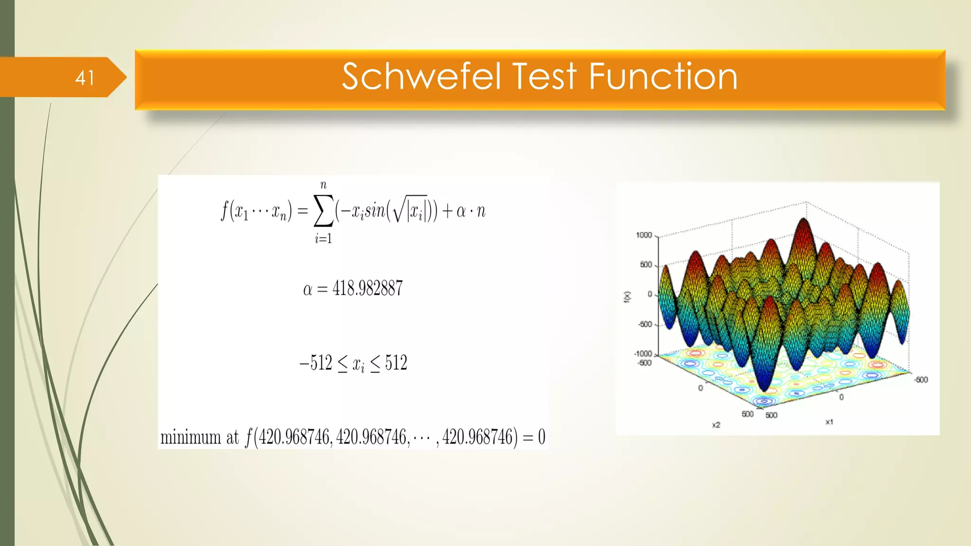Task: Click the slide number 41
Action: pyautogui.click(x=84, y=78)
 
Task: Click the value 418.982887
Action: pyautogui.click(x=367, y=288)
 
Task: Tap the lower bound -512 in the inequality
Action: pyautogui.click(x=316, y=363)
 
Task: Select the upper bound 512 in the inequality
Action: pyautogui.click(x=396, y=363)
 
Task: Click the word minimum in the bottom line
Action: pyautogui.click(x=191, y=437)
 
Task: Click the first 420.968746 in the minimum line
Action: pyautogui.click(x=294, y=437)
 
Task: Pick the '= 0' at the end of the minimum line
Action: pyautogui.click(x=534, y=437)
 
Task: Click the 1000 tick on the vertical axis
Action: pyautogui.click(x=644, y=235)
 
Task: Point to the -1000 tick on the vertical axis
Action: pyautogui.click(x=643, y=354)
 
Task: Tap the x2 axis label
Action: pyautogui.click(x=716, y=425)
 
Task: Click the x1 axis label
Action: pyautogui.click(x=829, y=421)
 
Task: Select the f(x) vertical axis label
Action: pyautogui.click(x=627, y=297)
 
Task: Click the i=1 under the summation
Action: pyautogui.click(x=323, y=239)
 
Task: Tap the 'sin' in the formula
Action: pyautogui.click(x=375, y=211)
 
